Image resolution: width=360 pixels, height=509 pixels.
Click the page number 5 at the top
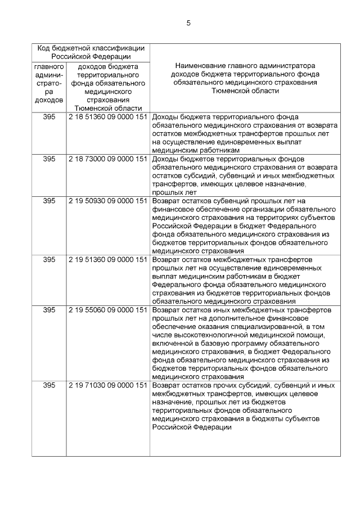[188, 23]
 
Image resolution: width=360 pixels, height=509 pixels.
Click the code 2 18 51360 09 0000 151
[107, 117]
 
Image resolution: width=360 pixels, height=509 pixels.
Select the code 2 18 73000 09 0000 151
[107, 159]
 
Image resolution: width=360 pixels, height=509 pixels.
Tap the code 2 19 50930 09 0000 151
[107, 201]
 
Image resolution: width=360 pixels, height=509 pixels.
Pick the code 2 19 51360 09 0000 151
[107, 259]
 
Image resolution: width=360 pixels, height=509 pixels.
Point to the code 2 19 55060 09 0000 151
[107, 310]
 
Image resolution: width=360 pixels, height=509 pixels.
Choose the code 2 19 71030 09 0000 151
[107, 385]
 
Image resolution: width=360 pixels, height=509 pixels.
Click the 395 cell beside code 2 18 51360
[49, 117]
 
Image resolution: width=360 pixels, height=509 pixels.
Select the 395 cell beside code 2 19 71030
[49, 385]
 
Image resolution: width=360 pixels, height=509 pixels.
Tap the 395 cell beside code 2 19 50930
[49, 201]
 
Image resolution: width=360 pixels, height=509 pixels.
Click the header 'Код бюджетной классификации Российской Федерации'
[91, 52]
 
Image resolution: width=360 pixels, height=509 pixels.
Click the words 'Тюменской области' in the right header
[245, 91]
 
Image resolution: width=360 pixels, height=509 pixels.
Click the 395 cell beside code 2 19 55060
[49, 310]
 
